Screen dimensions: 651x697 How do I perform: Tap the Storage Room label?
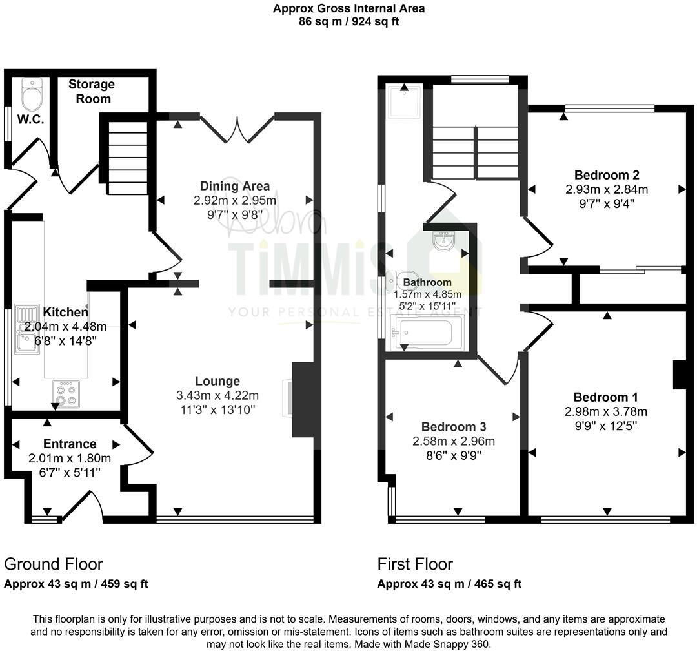click(x=92, y=91)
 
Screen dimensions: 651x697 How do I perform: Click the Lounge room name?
click(x=217, y=381)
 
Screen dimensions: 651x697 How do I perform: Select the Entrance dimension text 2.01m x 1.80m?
click(x=70, y=459)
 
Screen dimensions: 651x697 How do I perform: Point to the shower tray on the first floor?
click(x=403, y=101)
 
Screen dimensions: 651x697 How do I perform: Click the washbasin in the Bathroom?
click(x=443, y=242)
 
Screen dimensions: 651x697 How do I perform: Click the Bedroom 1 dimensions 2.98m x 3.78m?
click(x=606, y=412)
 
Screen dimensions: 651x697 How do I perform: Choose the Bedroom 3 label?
click(x=453, y=427)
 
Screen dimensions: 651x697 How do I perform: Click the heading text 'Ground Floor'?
click(x=54, y=564)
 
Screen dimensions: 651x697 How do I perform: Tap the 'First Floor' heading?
click(x=415, y=564)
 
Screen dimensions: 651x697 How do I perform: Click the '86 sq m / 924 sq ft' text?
click(x=348, y=21)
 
